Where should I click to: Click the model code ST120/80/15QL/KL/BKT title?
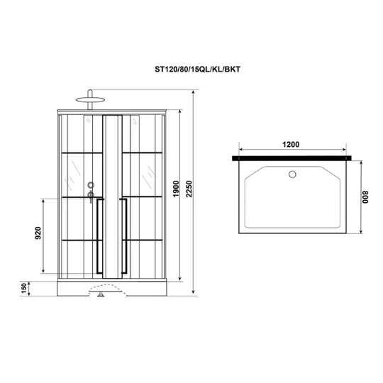pos(197,70)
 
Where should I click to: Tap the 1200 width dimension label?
pos(291,145)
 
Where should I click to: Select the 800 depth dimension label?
pos(365,197)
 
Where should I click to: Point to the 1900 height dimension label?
pos(176,189)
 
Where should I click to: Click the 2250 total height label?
pos(189,189)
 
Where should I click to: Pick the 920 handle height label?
pos(38,233)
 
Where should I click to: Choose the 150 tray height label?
pos(23,288)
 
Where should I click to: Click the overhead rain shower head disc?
pos(90,100)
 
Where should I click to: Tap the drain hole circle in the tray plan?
pos(292,174)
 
